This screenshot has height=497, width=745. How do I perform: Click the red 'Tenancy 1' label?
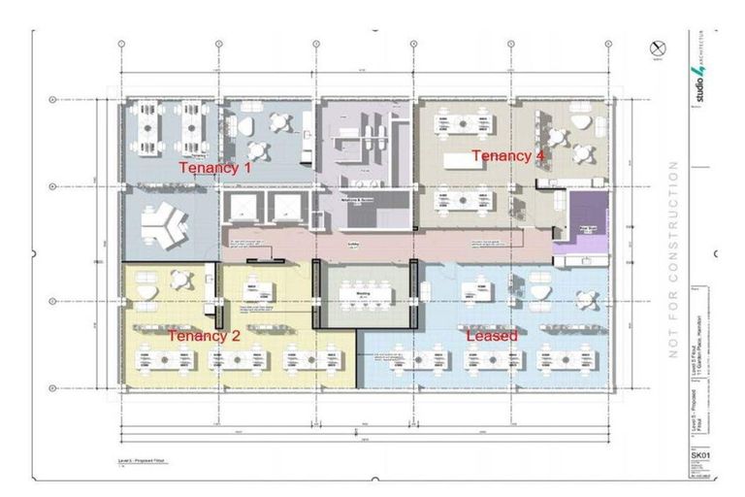click(214, 168)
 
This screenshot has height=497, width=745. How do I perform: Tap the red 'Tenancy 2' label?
click(204, 336)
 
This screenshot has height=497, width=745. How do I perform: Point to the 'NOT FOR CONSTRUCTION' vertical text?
click(669, 262)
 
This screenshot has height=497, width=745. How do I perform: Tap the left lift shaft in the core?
click(243, 207)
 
